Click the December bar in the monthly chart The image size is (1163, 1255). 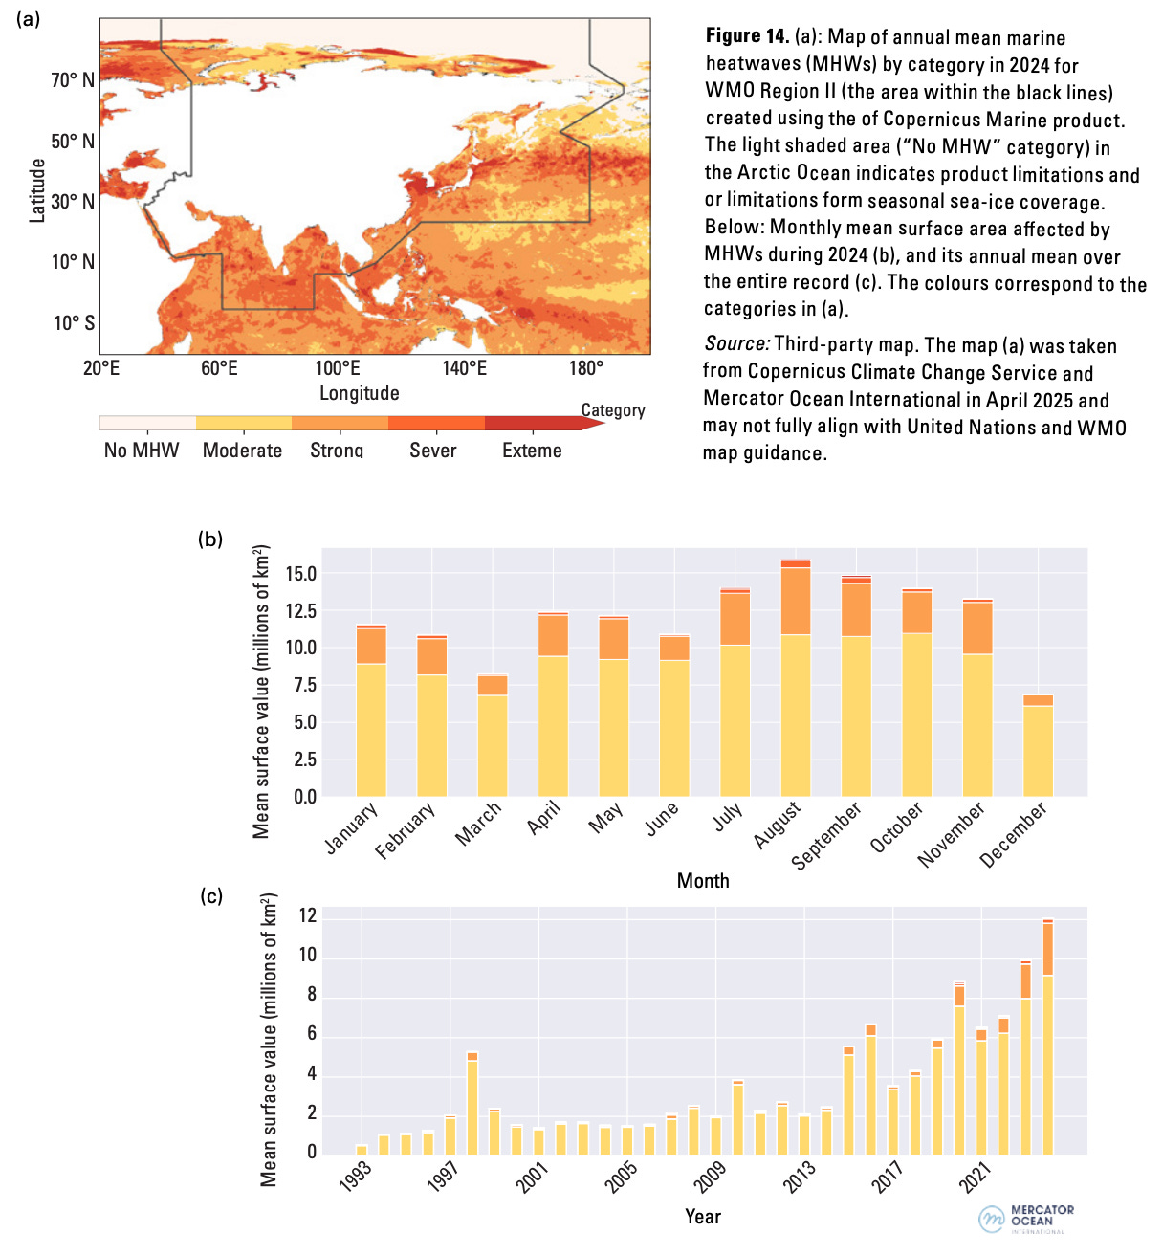(x=1038, y=746)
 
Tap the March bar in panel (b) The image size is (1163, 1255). (x=493, y=737)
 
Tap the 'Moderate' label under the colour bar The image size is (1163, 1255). (x=242, y=451)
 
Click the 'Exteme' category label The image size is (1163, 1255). (x=532, y=451)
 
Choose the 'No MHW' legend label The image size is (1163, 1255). (x=142, y=451)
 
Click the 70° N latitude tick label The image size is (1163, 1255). (x=73, y=80)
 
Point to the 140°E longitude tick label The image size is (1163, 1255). (x=464, y=368)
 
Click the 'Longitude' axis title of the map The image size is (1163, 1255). (x=360, y=393)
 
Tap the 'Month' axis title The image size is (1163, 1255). (x=703, y=881)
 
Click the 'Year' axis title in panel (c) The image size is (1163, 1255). (x=703, y=1217)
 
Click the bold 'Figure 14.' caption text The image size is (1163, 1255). (x=747, y=37)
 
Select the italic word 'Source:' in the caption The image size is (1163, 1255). (x=736, y=344)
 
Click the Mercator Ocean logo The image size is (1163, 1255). (x=1026, y=1219)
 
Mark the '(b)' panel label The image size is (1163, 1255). (x=210, y=539)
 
